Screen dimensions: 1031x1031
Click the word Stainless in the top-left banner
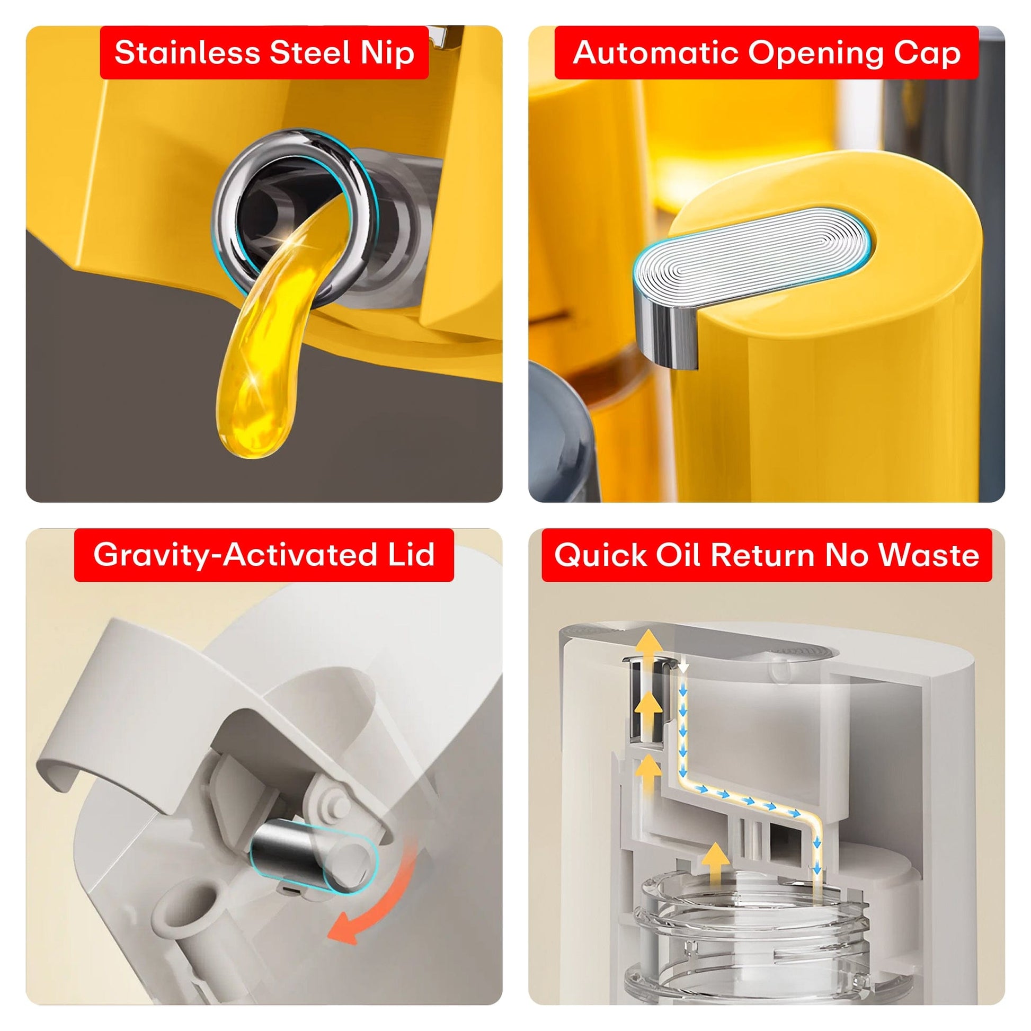(187, 52)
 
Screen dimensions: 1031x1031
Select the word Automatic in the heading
(655, 52)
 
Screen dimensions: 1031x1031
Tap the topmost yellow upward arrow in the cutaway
(650, 643)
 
